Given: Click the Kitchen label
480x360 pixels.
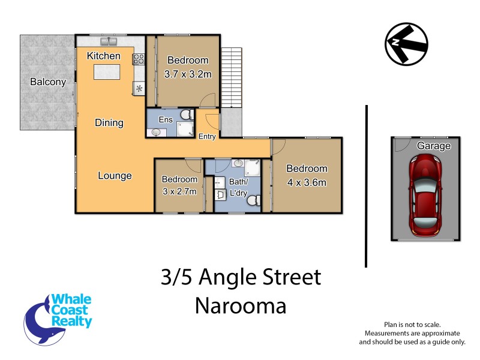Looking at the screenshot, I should point(104,56).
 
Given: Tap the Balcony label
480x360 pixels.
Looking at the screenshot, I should point(47,82).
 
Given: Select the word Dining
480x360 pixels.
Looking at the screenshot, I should point(109,123).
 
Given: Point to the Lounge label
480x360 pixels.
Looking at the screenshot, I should point(115,176).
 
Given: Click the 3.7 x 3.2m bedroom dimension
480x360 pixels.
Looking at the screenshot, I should point(188,75).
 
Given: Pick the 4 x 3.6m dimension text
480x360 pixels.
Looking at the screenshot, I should point(307,182).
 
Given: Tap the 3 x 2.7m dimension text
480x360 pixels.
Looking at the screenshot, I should point(179,192).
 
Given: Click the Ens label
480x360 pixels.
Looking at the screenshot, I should point(165,119).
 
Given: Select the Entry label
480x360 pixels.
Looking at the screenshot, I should point(207,137).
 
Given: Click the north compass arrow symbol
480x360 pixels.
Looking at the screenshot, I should point(406,43).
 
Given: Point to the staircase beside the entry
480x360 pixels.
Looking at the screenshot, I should point(232,79).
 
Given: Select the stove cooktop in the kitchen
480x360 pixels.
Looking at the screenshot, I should point(139,59).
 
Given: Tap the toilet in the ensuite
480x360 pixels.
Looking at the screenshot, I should point(187,115).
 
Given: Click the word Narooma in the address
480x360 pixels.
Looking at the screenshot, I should point(241,305).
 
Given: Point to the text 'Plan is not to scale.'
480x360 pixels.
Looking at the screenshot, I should point(412,324).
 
